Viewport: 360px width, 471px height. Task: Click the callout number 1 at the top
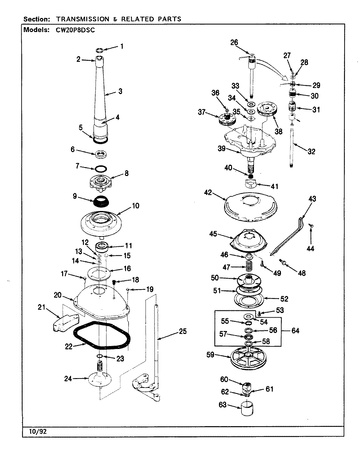pyautogui.click(x=122, y=46)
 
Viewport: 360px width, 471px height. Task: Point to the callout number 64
pyautogui.click(x=296, y=331)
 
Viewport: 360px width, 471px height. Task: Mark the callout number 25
pyautogui.click(x=182, y=332)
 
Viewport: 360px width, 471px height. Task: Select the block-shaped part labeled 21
pyautogui.click(x=65, y=322)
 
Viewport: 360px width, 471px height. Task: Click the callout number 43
pyautogui.click(x=312, y=199)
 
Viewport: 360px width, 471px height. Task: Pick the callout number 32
pyautogui.click(x=311, y=151)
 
